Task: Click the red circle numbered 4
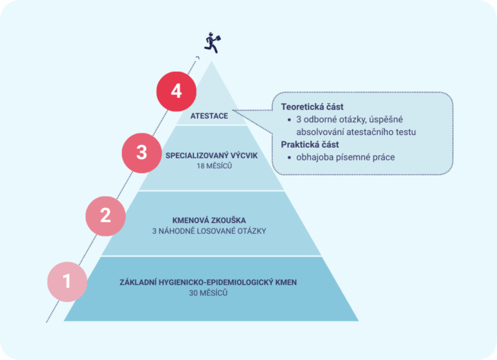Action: click(x=176, y=92)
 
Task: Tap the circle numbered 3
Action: click(x=142, y=153)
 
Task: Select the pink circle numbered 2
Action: click(x=106, y=216)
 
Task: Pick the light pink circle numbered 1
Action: click(x=67, y=281)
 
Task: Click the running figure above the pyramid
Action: click(x=212, y=43)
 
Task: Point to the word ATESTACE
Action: click(x=209, y=116)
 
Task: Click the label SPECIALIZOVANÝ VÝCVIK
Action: click(x=212, y=156)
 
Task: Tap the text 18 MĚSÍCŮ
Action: click(x=214, y=166)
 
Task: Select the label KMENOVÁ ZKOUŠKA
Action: click(x=209, y=220)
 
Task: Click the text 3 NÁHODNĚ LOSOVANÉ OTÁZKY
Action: click(x=209, y=231)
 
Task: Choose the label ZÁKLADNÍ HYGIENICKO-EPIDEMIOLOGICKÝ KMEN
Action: click(x=208, y=283)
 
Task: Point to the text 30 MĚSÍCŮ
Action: click(x=208, y=293)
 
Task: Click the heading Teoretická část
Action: click(x=312, y=107)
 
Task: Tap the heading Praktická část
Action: click(x=310, y=145)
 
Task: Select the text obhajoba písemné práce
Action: click(x=346, y=157)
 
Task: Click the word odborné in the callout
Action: click(x=320, y=119)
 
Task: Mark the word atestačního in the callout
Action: click(x=369, y=132)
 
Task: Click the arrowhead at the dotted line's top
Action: click(x=198, y=58)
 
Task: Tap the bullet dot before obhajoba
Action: click(x=289, y=158)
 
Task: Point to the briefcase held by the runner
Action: click(x=218, y=38)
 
